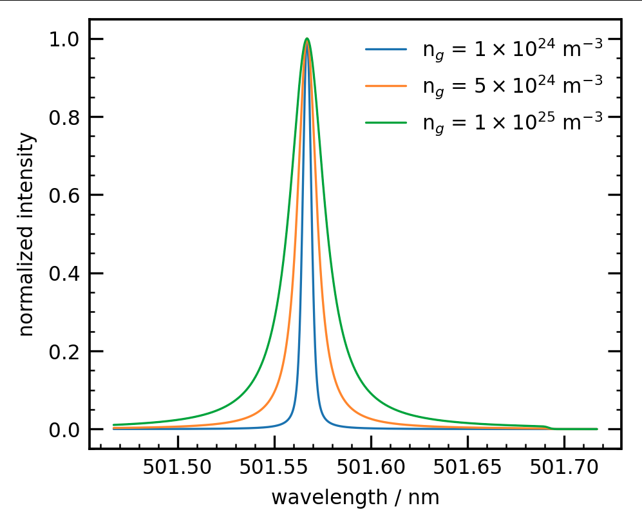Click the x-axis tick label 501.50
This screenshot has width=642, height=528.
(177, 468)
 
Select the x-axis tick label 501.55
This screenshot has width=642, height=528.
(274, 468)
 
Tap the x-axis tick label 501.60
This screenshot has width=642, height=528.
(371, 468)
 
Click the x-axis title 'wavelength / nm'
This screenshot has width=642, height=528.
(355, 498)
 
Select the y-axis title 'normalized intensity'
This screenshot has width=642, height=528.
(26, 234)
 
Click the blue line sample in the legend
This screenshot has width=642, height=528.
(386, 49)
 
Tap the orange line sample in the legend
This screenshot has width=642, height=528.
(386, 85)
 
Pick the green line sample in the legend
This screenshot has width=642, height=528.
(386, 122)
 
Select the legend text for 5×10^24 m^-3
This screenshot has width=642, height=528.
(513, 85)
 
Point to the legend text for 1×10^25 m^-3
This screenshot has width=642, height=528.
(513, 122)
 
